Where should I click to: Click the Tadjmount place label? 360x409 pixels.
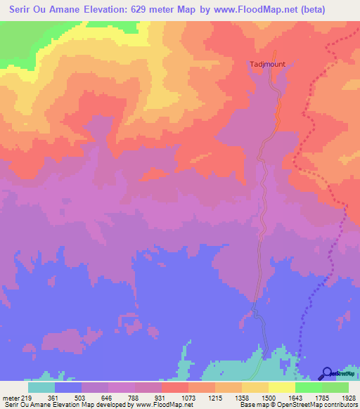pos(266,65)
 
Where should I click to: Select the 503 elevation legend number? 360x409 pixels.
pos(82,397)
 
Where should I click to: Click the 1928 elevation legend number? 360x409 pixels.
pos(347,397)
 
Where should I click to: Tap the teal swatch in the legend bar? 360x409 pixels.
pos(41,387)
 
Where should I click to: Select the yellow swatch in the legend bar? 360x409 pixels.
pos(282,387)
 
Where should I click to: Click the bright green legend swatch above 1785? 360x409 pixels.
pos(309,387)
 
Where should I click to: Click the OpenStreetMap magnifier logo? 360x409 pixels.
pos(326,373)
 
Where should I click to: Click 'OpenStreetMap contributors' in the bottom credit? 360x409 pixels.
pos(323,405)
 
